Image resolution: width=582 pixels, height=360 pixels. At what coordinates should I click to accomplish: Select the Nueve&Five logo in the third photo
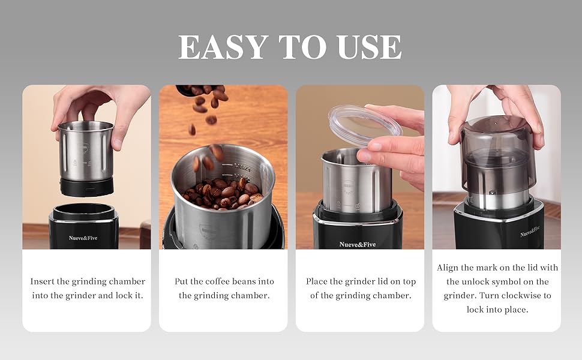358,244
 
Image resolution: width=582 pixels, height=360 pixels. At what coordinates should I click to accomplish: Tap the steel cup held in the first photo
86,150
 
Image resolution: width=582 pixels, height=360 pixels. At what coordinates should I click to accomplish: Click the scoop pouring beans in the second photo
195,90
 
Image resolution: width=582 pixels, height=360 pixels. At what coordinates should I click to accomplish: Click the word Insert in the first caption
43,281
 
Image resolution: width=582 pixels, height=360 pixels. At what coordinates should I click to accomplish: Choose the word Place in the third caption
317,281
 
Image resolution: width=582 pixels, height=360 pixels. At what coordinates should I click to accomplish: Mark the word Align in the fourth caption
448,268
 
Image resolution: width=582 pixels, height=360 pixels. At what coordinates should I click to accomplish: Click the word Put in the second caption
182,281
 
